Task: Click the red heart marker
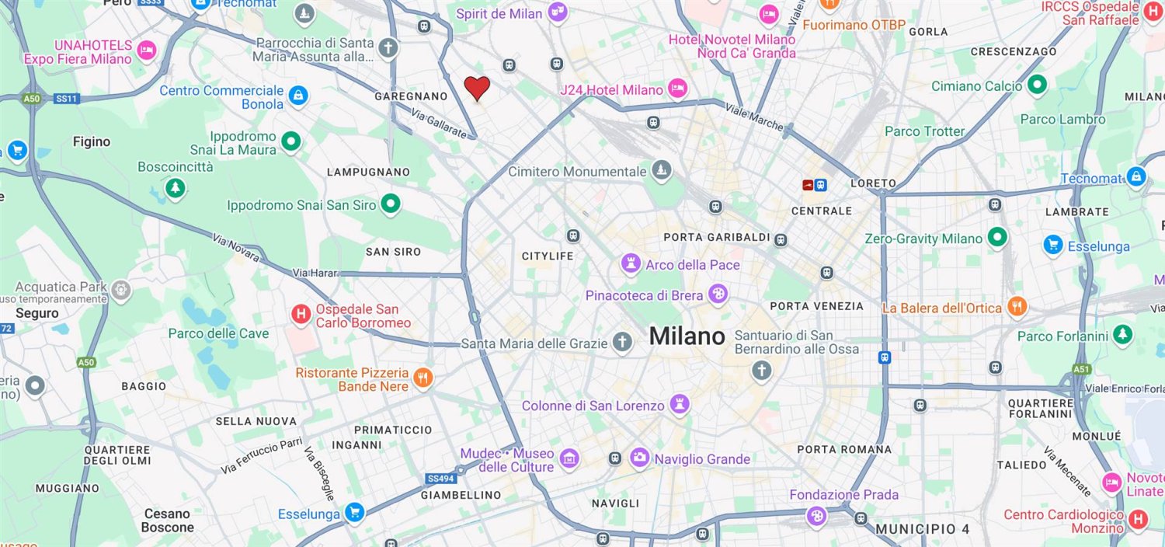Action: coord(477,88)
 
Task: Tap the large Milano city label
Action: coord(687,336)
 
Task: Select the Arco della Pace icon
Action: coord(630,264)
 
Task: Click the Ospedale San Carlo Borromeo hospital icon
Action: coord(301,315)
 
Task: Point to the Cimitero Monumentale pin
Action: coord(661,171)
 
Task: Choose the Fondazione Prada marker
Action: coord(816,516)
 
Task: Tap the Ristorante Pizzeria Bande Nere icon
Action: coord(423,378)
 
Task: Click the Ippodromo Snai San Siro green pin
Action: coord(391,204)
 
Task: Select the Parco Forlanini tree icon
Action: coord(1122,336)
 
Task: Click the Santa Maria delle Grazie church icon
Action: coord(621,343)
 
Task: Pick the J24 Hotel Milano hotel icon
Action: coord(677,89)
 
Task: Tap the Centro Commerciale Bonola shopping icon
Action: coord(297,96)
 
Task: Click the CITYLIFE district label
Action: coord(548,256)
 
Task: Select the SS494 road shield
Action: coord(439,479)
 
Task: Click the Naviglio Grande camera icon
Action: coord(640,458)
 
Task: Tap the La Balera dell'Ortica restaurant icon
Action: coord(1017,308)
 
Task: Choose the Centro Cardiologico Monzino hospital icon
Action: coord(1138,520)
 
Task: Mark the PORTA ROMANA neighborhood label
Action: coord(844,449)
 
